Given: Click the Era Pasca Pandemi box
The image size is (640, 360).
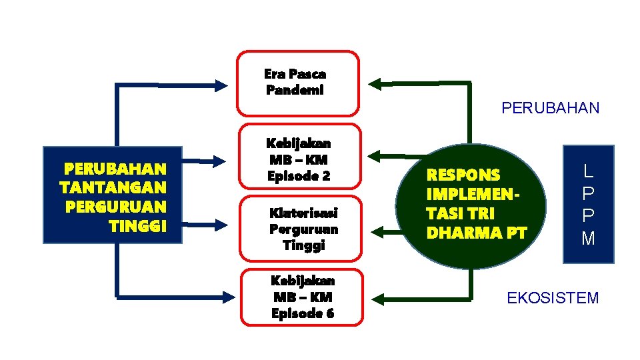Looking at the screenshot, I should pos(298,82).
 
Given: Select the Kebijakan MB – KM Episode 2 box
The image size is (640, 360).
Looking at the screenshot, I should pos(299,160).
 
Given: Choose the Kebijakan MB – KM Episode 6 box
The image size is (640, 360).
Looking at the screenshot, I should pos(303,297).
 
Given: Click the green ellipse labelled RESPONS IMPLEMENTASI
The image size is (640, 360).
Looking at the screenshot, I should pos(470,204).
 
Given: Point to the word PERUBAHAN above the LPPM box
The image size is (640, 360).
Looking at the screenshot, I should pos(550,108).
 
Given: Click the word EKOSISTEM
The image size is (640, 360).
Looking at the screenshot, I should pos(553,298).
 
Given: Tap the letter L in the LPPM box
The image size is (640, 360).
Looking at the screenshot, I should pos(588,171).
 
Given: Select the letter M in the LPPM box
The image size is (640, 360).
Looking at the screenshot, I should pos(588,238).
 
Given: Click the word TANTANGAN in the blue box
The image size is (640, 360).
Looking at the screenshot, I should pos(113,187).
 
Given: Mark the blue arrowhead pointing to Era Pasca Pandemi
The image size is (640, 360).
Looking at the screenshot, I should pos(221,85).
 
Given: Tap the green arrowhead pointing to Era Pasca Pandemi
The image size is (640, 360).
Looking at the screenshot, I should pos(375,84).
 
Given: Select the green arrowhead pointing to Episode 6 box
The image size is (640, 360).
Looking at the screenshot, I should pos(375,298).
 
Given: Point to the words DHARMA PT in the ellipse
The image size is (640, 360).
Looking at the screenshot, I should pos(476,233).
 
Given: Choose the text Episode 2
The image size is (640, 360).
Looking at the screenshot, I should pos(299,177).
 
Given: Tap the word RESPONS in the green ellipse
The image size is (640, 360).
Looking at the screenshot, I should pos(463,175).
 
